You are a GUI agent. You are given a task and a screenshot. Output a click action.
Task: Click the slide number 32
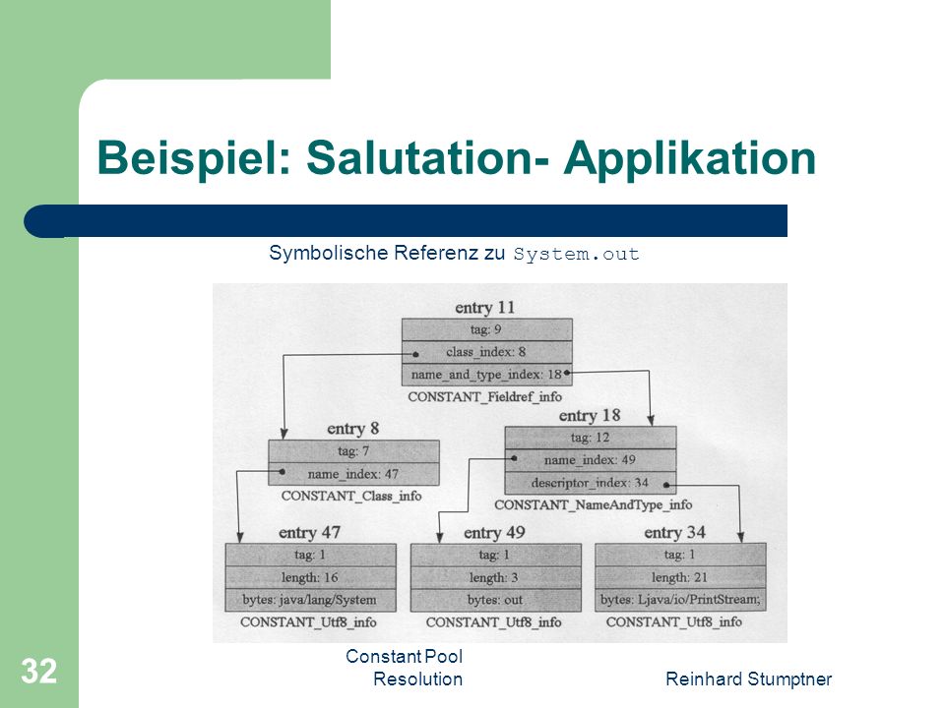pyautogui.click(x=39, y=671)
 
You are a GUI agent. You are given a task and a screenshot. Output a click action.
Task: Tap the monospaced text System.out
pyautogui.click(x=576, y=254)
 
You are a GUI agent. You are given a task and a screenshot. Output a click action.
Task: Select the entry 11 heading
pyautogui.click(x=484, y=308)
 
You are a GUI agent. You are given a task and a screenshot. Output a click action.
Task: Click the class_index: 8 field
pyautogui.click(x=487, y=352)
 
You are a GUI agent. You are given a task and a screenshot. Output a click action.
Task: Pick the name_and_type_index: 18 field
pyautogui.click(x=487, y=375)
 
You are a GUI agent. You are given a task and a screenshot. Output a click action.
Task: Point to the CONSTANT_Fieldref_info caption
pyautogui.click(x=484, y=396)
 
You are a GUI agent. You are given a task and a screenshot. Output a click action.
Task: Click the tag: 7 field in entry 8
pyautogui.click(x=353, y=451)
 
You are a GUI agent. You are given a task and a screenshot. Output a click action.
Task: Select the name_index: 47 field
pyautogui.click(x=353, y=474)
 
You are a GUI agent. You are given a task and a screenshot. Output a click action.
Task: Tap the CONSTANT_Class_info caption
pyautogui.click(x=351, y=496)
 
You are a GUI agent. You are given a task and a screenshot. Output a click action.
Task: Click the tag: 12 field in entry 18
pyautogui.click(x=590, y=438)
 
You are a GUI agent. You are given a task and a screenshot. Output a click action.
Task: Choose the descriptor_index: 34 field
pyautogui.click(x=590, y=483)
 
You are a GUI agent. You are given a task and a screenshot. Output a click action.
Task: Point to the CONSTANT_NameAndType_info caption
pyautogui.click(x=593, y=504)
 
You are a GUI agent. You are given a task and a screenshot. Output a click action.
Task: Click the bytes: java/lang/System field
pyautogui.click(x=310, y=600)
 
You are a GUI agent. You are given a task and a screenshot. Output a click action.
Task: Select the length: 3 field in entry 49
pyautogui.click(x=495, y=577)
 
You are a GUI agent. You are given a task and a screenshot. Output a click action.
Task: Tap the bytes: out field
pyautogui.click(x=495, y=600)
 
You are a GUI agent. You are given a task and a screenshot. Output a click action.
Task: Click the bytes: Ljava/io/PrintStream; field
pyautogui.click(x=680, y=600)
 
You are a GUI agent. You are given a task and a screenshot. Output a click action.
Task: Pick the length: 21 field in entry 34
pyautogui.click(x=680, y=577)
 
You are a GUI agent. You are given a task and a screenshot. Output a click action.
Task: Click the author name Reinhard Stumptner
pyautogui.click(x=748, y=679)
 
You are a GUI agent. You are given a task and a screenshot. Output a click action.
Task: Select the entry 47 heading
pyautogui.click(x=309, y=533)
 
